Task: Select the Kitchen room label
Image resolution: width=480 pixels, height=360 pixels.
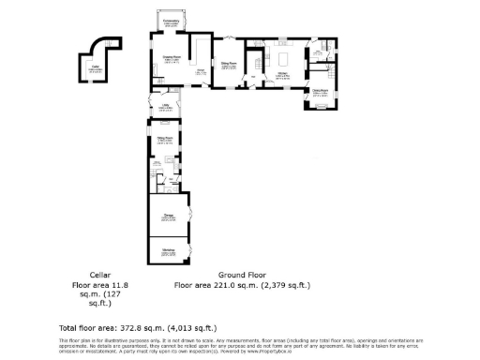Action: tap(282, 74)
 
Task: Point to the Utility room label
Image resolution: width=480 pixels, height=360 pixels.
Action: tap(164, 108)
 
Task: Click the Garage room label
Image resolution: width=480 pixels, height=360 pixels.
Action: tap(168, 217)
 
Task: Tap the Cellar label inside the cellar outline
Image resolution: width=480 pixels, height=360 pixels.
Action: tap(97, 67)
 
